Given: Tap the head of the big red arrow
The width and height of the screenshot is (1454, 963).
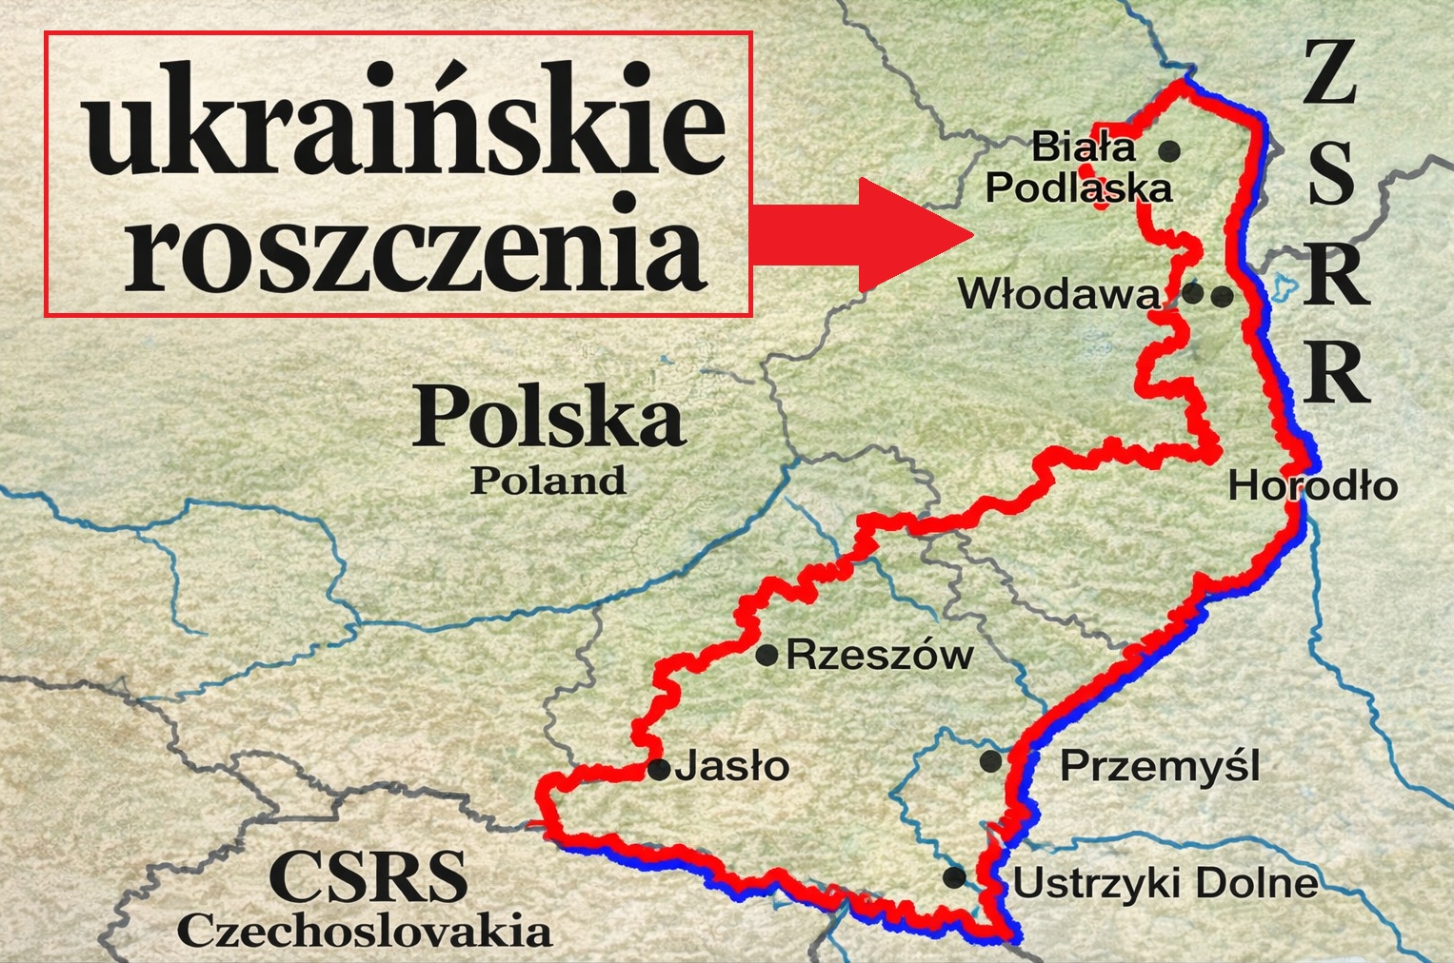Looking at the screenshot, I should [914, 233].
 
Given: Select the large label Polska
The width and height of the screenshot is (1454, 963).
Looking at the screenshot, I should [548, 418].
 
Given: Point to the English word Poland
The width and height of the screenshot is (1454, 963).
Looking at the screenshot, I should [548, 481].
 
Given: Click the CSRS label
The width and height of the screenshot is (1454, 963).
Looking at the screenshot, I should [368, 876].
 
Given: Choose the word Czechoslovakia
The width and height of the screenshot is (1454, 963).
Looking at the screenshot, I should [365, 931].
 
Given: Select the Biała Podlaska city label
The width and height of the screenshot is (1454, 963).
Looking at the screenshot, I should [1078, 167].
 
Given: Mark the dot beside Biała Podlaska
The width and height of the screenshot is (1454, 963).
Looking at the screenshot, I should [1169, 150].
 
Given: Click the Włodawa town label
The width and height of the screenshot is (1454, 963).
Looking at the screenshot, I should [1059, 294].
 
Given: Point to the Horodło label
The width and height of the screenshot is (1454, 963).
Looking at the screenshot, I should [1312, 486].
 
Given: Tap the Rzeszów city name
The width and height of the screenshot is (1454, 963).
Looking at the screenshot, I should [879, 655].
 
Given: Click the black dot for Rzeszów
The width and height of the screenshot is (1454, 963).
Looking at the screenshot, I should [767, 655].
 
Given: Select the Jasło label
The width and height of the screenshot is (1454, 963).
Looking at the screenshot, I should [732, 766].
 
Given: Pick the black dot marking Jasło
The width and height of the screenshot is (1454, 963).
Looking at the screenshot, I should [658, 770].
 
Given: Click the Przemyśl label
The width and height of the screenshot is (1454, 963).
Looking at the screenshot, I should [1160, 765].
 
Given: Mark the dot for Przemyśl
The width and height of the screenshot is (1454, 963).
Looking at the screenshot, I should [990, 761].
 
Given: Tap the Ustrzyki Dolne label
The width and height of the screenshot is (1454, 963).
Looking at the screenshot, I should [1165, 884].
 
